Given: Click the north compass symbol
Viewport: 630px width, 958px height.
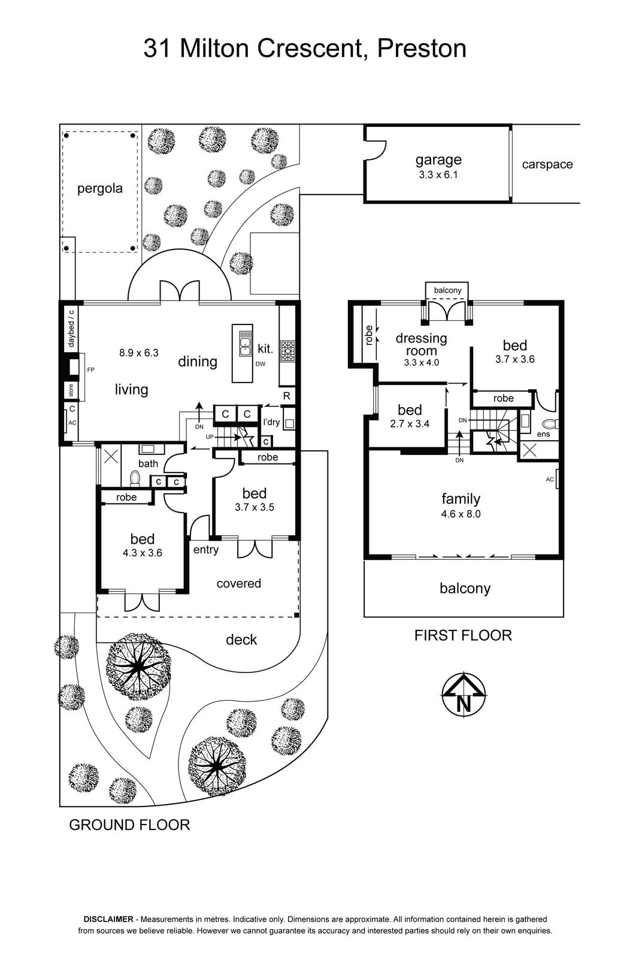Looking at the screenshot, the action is pos(464,695).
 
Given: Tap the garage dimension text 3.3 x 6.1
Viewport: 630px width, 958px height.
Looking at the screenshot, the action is pos(438,175).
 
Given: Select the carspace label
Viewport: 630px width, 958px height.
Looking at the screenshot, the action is pos(547,165).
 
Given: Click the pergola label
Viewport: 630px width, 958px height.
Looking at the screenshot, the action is pos(99,189).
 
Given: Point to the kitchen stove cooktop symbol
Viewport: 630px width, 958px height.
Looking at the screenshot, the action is pos(287,350).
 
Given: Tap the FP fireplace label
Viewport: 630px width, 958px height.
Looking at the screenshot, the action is pos(90,370).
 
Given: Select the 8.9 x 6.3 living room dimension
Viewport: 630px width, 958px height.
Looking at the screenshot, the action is pos(138,353).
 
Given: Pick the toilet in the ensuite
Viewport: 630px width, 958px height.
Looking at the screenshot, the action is pos(550,424).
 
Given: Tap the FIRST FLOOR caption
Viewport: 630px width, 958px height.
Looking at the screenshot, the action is pos(463,635).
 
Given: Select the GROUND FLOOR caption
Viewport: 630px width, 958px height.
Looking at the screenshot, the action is pos(129,825).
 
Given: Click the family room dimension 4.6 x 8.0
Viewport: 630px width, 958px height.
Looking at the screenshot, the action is pos(461,514).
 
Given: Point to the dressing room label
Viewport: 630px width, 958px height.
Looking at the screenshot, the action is pos(421,345).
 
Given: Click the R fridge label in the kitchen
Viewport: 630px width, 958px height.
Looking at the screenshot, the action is pos(287,396).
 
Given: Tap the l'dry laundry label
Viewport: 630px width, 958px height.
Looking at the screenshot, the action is pos(272,423).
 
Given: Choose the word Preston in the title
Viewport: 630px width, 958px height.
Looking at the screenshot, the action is pos(421,48).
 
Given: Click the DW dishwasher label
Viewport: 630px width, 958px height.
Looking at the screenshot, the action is pos(261,364).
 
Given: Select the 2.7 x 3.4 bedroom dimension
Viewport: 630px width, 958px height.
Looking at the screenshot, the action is pos(410,424).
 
